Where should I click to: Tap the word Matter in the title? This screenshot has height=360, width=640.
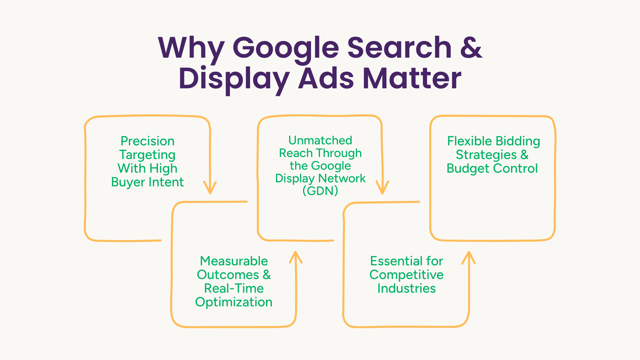pyautogui.click(x=412, y=78)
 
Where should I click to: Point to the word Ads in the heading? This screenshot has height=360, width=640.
pyautogui.click(x=326, y=78)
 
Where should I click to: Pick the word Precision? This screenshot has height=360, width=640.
pyautogui.click(x=147, y=141)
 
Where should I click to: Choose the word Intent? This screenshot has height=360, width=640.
pyautogui.click(x=166, y=182)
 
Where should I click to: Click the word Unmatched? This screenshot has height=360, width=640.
pyautogui.click(x=320, y=140)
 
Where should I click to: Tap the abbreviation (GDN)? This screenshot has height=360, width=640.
pyautogui.click(x=320, y=191)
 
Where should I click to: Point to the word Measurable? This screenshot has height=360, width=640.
pyautogui.click(x=234, y=261)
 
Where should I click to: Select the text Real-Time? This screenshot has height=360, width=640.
pyautogui.click(x=234, y=288)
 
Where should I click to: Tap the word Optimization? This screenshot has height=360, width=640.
pyautogui.click(x=234, y=302)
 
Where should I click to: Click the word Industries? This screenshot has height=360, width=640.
pyautogui.click(x=406, y=288)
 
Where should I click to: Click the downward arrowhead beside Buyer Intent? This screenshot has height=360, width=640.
pyautogui.click(x=210, y=187)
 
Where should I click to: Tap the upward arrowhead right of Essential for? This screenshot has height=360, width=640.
pyautogui.click(x=469, y=258)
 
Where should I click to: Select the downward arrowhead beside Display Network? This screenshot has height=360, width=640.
pyautogui.click(x=382, y=187)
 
